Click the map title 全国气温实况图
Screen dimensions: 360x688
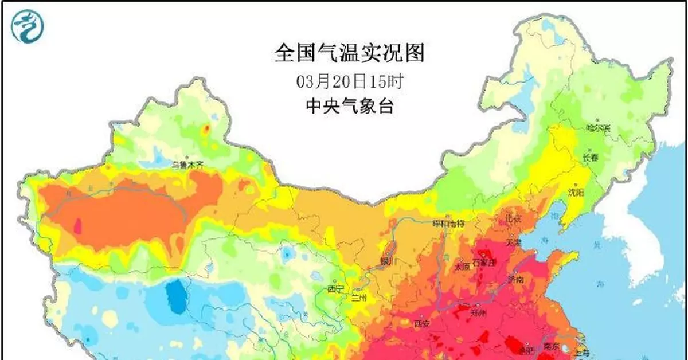coord(350,53)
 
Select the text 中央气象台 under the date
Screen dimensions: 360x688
coord(350,106)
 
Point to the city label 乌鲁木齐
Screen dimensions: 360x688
coord(187,165)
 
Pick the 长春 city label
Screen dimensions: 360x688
coord(591,156)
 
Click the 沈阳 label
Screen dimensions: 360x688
coord(575,191)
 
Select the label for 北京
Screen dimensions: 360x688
coord(513,218)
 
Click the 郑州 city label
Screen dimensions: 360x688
coord(478,313)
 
